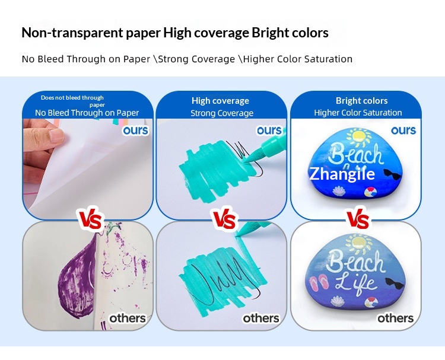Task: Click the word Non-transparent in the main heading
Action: (x=72, y=33)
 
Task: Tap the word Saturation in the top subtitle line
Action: (x=328, y=59)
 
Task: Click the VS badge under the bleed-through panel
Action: (x=90, y=220)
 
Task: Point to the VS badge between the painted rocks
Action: (x=358, y=218)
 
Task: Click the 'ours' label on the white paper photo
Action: (x=136, y=130)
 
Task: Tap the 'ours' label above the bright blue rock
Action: (x=403, y=130)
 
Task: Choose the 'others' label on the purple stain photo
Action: (x=128, y=318)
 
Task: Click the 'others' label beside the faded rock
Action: (x=395, y=318)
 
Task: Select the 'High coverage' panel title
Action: (x=220, y=101)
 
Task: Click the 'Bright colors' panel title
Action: (x=361, y=101)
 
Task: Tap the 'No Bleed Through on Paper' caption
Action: (x=87, y=113)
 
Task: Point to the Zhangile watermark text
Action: (x=342, y=174)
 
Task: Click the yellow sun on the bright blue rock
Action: (x=359, y=136)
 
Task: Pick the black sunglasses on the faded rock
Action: (x=393, y=283)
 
